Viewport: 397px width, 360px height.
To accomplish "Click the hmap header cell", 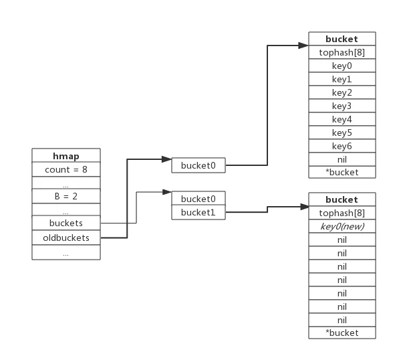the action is (66, 155).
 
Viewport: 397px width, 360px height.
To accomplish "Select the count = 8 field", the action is (66, 169).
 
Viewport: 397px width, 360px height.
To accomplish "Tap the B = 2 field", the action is (66, 196).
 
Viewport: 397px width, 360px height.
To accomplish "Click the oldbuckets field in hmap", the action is (66, 238).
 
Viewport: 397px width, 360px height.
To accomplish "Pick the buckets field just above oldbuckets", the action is (66, 223).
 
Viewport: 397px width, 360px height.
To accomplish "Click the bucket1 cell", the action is (198, 212).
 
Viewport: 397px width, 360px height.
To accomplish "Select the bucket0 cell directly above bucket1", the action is (198, 199).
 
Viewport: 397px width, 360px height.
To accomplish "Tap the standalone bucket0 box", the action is (198, 165).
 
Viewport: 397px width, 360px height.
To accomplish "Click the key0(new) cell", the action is (342, 226).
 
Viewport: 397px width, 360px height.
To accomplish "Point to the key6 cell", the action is (342, 146).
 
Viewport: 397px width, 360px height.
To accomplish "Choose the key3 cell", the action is (342, 106).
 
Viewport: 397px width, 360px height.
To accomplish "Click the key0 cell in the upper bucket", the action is (342, 66).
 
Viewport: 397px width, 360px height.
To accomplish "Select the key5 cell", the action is (342, 132).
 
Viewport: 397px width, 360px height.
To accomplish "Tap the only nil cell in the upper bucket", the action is (342, 159).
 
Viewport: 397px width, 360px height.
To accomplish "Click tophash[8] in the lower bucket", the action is (342, 213).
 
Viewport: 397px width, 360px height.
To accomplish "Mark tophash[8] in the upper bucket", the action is (342, 52).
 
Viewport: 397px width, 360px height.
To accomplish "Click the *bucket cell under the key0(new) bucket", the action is (342, 333).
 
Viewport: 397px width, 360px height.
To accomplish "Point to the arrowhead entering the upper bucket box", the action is (303, 46).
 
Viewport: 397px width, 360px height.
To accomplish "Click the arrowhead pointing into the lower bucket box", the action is (305, 207).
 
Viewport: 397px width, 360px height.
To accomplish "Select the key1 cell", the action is (342, 79).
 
